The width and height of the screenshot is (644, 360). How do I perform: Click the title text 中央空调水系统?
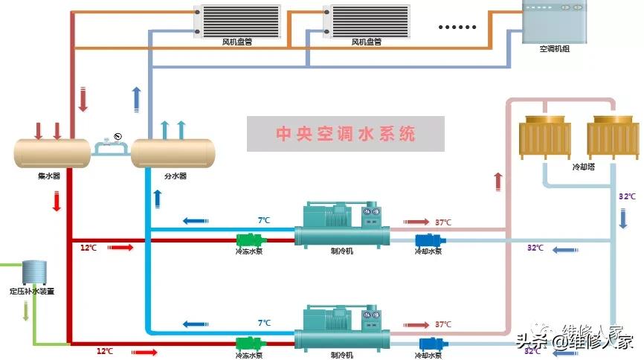346,134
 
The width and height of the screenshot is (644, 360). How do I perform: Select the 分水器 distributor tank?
173,152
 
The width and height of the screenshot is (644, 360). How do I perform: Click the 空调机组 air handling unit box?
554,22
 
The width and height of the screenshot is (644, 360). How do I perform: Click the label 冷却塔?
583,167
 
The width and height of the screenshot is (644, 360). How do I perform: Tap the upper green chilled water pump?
251,240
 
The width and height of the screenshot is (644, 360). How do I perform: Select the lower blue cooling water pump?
428,344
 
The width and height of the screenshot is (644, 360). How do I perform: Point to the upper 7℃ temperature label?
264,220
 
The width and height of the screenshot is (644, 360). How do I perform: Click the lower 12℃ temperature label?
104,350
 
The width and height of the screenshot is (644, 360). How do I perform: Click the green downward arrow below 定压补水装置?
26,312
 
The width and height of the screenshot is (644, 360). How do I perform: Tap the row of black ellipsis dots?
457,27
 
